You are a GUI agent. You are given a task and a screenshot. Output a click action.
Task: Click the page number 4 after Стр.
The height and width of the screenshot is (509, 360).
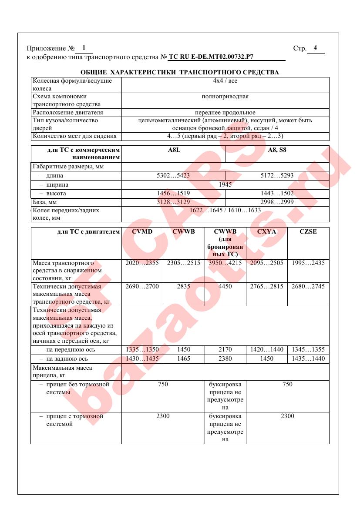tap(315, 48)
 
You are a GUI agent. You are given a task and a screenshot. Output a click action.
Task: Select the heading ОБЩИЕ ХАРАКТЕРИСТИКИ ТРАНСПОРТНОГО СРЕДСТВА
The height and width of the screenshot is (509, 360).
tap(180, 72)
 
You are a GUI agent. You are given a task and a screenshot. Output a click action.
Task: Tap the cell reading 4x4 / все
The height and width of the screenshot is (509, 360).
tap(225, 81)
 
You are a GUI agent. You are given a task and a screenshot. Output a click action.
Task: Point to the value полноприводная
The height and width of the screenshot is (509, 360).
tap(225, 97)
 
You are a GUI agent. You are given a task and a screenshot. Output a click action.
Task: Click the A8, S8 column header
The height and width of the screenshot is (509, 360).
tap(277, 150)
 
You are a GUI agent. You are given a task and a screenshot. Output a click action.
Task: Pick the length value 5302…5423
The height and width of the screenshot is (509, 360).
tap(173, 176)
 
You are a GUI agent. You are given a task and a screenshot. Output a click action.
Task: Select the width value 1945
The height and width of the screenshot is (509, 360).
tap(225, 184)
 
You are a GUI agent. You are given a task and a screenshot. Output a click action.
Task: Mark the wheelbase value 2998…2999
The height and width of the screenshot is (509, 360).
tap(277, 202)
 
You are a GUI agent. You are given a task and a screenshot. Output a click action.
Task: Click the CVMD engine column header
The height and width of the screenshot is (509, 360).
tap(142, 232)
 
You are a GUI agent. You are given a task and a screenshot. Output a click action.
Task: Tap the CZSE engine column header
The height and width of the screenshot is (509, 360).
tap(308, 232)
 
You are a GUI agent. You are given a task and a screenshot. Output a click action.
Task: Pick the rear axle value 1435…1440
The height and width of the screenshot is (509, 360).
tap(308, 359)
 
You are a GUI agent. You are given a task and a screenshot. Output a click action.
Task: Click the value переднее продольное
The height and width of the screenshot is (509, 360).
tap(225, 113)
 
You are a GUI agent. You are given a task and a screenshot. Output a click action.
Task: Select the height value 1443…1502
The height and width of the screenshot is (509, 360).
tap(277, 193)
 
